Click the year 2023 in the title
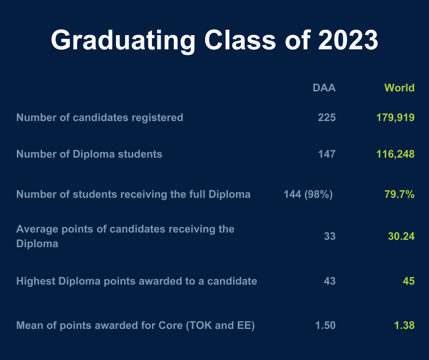pos(348,40)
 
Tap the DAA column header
pos(324,88)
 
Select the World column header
pos(399,88)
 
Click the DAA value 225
pos(327,117)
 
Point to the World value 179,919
pos(396,118)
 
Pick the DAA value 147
pos(327,154)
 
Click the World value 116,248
pos(396,154)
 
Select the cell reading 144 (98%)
pos(309,194)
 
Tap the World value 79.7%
pos(399,194)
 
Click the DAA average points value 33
pos(330,236)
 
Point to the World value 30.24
pos(401,236)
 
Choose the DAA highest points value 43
pos(330,281)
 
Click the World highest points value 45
pos(409,281)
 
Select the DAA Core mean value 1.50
pos(325,325)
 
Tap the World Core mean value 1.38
pos(404,325)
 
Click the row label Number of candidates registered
pos(99,118)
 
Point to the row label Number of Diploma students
pos(89,154)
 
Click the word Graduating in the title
pos(123,41)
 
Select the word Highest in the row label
pos(36,281)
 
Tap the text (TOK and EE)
pos(220,325)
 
